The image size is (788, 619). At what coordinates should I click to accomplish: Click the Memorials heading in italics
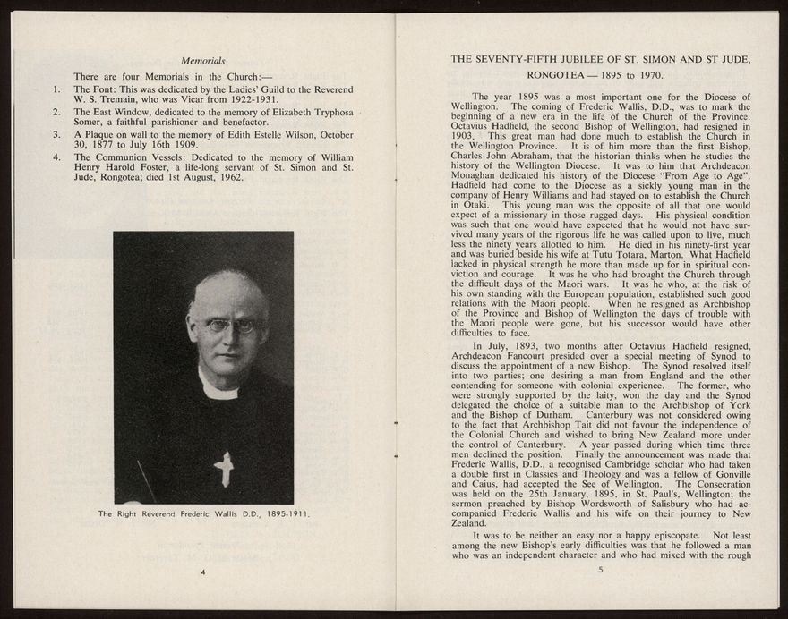pos(202,61)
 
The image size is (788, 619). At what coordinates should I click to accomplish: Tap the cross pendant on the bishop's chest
pos(224,468)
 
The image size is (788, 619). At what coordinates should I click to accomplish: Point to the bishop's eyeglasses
pos(230,326)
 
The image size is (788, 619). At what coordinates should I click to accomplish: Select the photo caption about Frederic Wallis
pos(203,514)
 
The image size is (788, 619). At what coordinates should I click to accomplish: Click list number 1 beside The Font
pos(56,89)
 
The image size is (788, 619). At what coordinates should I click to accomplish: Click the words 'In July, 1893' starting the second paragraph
pos(503,346)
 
